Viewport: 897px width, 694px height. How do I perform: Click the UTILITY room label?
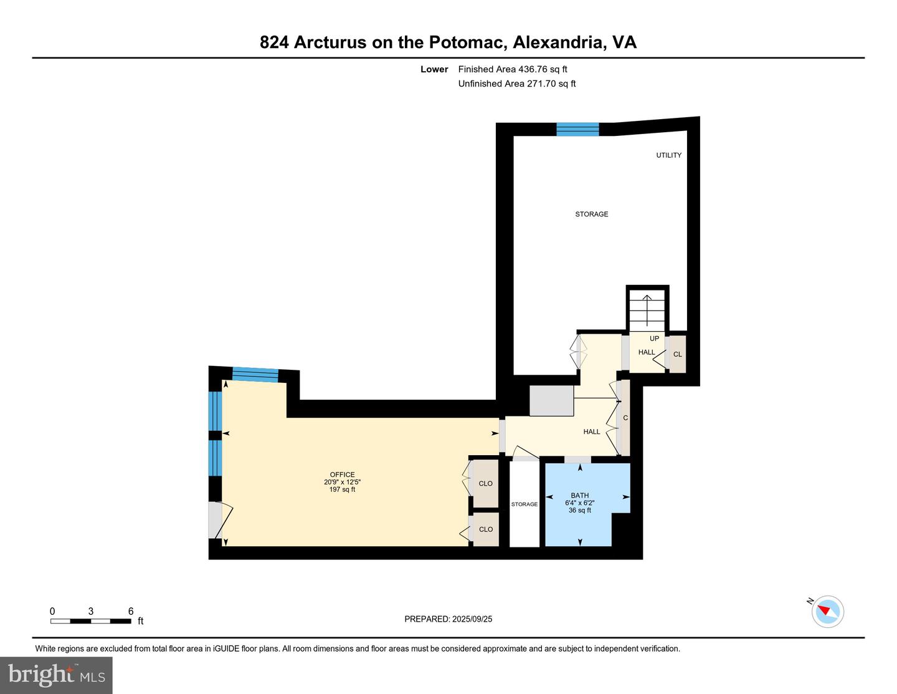669,155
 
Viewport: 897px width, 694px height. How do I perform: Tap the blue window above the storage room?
577,129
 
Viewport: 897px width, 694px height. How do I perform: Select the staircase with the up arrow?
647,311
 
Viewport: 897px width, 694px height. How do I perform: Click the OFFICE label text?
342,475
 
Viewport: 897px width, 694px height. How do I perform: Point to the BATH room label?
579,495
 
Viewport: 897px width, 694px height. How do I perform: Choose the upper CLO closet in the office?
485,484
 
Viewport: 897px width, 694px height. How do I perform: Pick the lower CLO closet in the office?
485,529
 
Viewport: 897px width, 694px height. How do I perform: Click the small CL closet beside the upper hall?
677,354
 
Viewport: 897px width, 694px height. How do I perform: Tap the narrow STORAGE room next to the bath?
524,504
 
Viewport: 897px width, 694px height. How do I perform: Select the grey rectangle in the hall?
552,401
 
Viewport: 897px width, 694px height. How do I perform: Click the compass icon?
827,612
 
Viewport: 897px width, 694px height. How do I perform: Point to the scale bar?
91,621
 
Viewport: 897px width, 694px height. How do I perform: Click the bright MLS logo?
56,675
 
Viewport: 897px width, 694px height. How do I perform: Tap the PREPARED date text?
448,619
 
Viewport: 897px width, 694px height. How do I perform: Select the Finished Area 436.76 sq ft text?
513,69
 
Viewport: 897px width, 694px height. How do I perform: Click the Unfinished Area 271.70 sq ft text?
517,84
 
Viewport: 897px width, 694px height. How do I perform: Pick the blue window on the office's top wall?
255,374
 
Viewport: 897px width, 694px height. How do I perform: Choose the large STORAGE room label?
592,214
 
